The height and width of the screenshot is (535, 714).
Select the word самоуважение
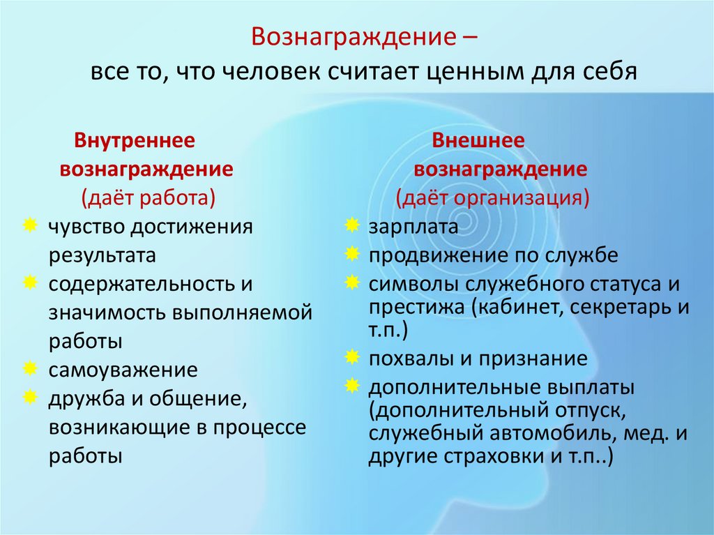[123, 369]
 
